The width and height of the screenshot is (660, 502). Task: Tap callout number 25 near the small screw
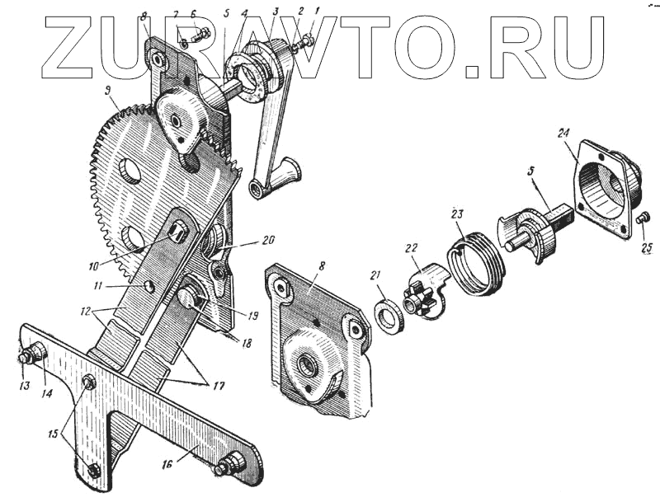pyautogui.click(x=646, y=246)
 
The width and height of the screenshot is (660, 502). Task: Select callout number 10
pyautogui.click(x=92, y=265)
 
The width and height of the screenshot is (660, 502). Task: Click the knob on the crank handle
pyautogui.click(x=285, y=172)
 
